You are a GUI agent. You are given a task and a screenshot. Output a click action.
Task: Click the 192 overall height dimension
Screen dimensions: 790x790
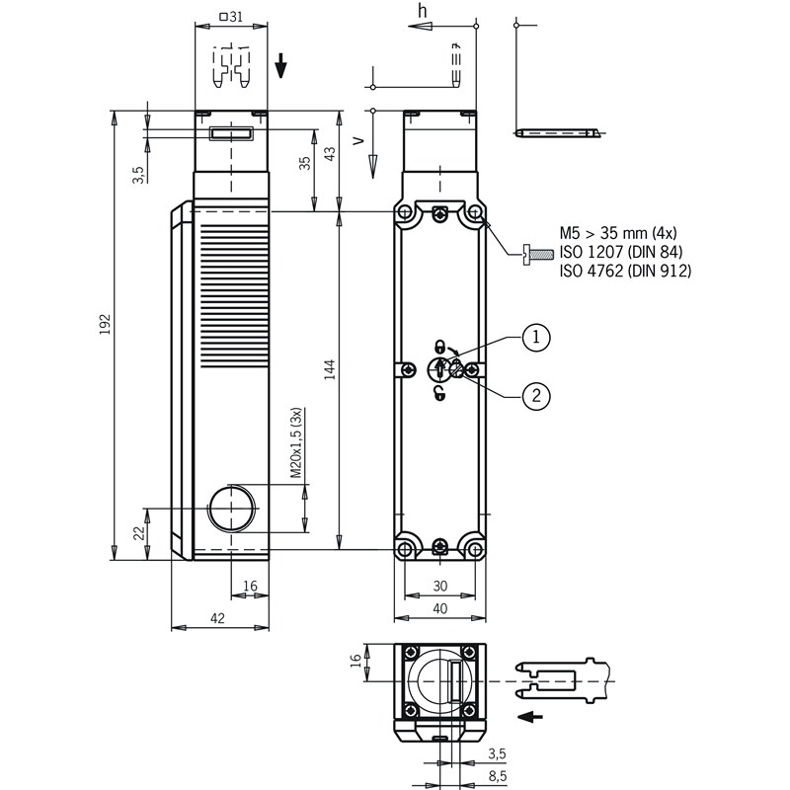click(x=105, y=325)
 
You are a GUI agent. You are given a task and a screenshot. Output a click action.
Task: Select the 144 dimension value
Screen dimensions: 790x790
click(x=330, y=369)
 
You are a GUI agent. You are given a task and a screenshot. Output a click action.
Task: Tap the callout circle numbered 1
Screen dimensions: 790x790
click(x=535, y=337)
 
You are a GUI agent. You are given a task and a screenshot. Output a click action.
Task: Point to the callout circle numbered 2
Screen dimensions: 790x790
click(x=535, y=396)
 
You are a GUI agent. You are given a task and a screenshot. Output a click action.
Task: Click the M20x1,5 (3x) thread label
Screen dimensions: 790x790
click(x=296, y=442)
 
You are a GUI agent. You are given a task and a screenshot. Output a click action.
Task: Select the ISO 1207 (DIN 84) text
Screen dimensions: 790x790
click(x=621, y=252)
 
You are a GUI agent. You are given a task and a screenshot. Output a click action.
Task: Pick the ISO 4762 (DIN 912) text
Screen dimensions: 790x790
click(x=625, y=271)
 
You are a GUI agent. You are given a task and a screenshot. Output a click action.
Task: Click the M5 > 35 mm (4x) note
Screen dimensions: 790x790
click(x=618, y=233)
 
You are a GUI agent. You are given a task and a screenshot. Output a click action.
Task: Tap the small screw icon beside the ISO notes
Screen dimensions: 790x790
click(x=538, y=254)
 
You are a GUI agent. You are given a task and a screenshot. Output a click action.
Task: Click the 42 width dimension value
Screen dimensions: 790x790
click(x=217, y=618)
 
